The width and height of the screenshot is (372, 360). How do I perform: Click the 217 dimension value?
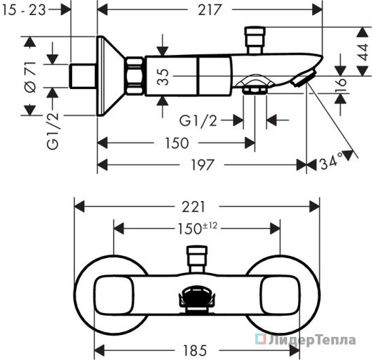pyautogui.click(x=210, y=10)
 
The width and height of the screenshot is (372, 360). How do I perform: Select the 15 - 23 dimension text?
pyautogui.click(x=24, y=10)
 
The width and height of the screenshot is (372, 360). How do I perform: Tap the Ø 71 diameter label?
pyautogui.click(x=31, y=77)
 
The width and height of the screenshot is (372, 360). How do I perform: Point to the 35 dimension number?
pyautogui.click(x=163, y=77)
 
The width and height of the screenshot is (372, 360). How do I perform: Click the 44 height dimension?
pyautogui.click(x=362, y=52)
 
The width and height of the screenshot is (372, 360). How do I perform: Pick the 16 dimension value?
pyautogui.click(x=341, y=82)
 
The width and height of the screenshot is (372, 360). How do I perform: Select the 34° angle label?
pyautogui.click(x=332, y=162)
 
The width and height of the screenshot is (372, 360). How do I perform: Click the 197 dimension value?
pyautogui.click(x=202, y=165)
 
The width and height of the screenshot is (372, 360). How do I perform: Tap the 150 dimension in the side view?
pyautogui.click(x=177, y=143)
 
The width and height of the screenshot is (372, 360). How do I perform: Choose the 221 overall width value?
pyautogui.click(x=193, y=207)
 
